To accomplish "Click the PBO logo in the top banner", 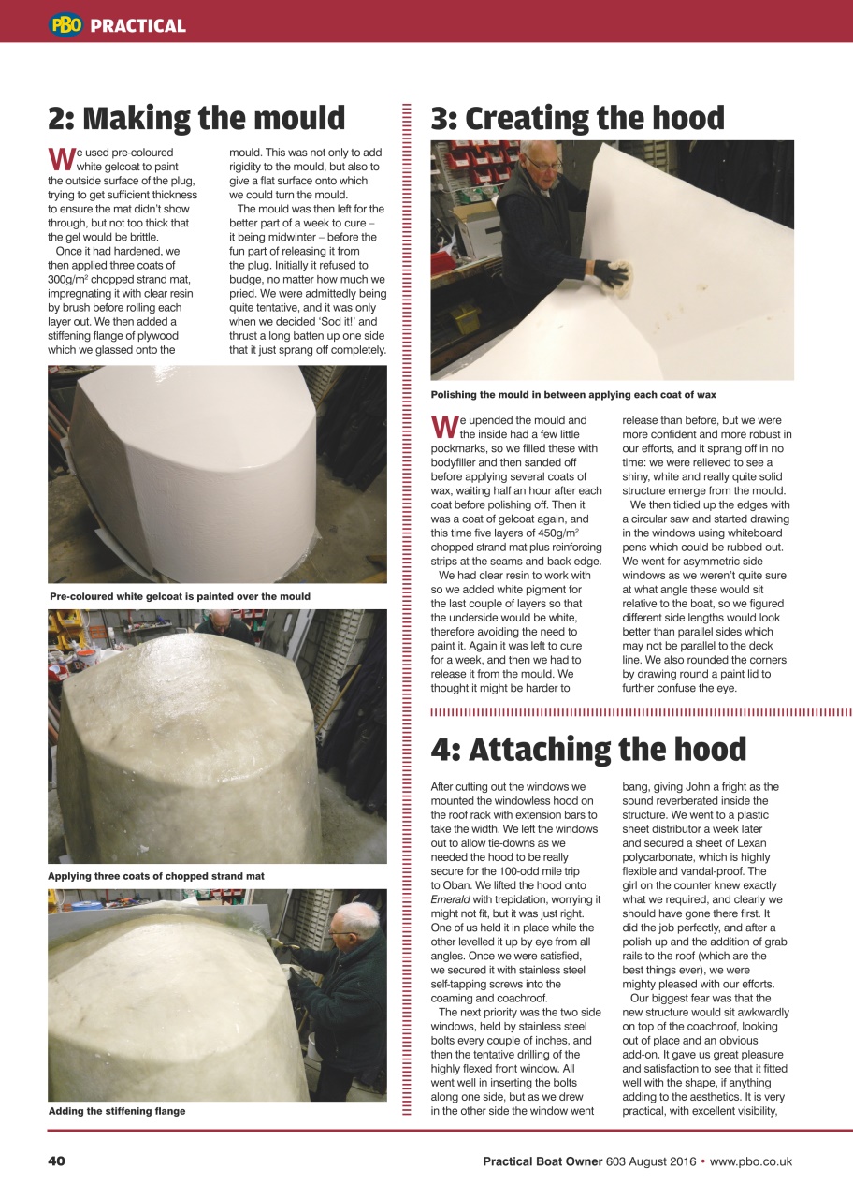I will tap(66, 25).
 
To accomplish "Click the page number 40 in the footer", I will tap(56, 1161).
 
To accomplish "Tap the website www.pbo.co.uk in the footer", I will tap(751, 1161).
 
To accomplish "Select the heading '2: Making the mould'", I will tap(196, 119).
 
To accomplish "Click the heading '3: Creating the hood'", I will tap(577, 119).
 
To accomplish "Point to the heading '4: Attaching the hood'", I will tap(588, 750).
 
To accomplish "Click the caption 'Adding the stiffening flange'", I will tap(117, 1111).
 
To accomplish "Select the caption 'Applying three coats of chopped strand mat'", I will tap(156, 876).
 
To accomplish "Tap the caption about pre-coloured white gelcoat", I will tap(180, 596).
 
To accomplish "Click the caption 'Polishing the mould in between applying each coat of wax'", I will tap(573, 395).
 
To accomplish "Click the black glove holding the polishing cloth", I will tap(614, 274).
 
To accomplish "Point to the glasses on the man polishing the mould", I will tap(543, 165).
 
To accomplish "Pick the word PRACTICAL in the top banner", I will tap(138, 26).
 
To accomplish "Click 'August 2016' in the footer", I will tap(663, 1161).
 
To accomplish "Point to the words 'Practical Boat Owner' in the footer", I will tap(542, 1161).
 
